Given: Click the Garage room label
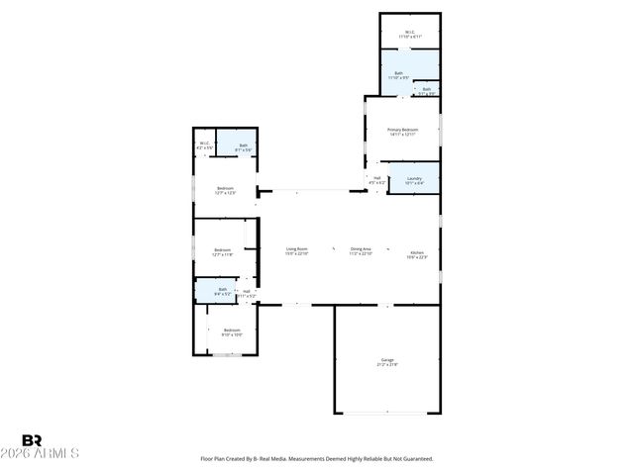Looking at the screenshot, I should click(x=387, y=361).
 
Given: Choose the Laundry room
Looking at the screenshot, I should click(x=414, y=180).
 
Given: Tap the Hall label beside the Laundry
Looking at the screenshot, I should click(x=377, y=180).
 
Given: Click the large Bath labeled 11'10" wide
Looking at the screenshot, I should click(x=399, y=74).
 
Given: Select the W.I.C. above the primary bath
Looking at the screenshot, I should click(x=409, y=34).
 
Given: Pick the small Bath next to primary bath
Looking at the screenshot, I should click(x=427, y=90).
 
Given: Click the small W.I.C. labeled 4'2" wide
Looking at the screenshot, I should click(x=205, y=145).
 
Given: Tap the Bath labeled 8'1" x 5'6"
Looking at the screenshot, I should click(x=243, y=147).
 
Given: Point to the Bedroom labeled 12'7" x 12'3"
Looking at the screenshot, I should click(x=227, y=190).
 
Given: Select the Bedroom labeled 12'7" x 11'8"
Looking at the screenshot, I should click(x=224, y=252).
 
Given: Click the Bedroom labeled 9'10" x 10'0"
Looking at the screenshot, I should click(x=232, y=332).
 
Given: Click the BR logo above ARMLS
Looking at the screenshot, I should click(x=32, y=440).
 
